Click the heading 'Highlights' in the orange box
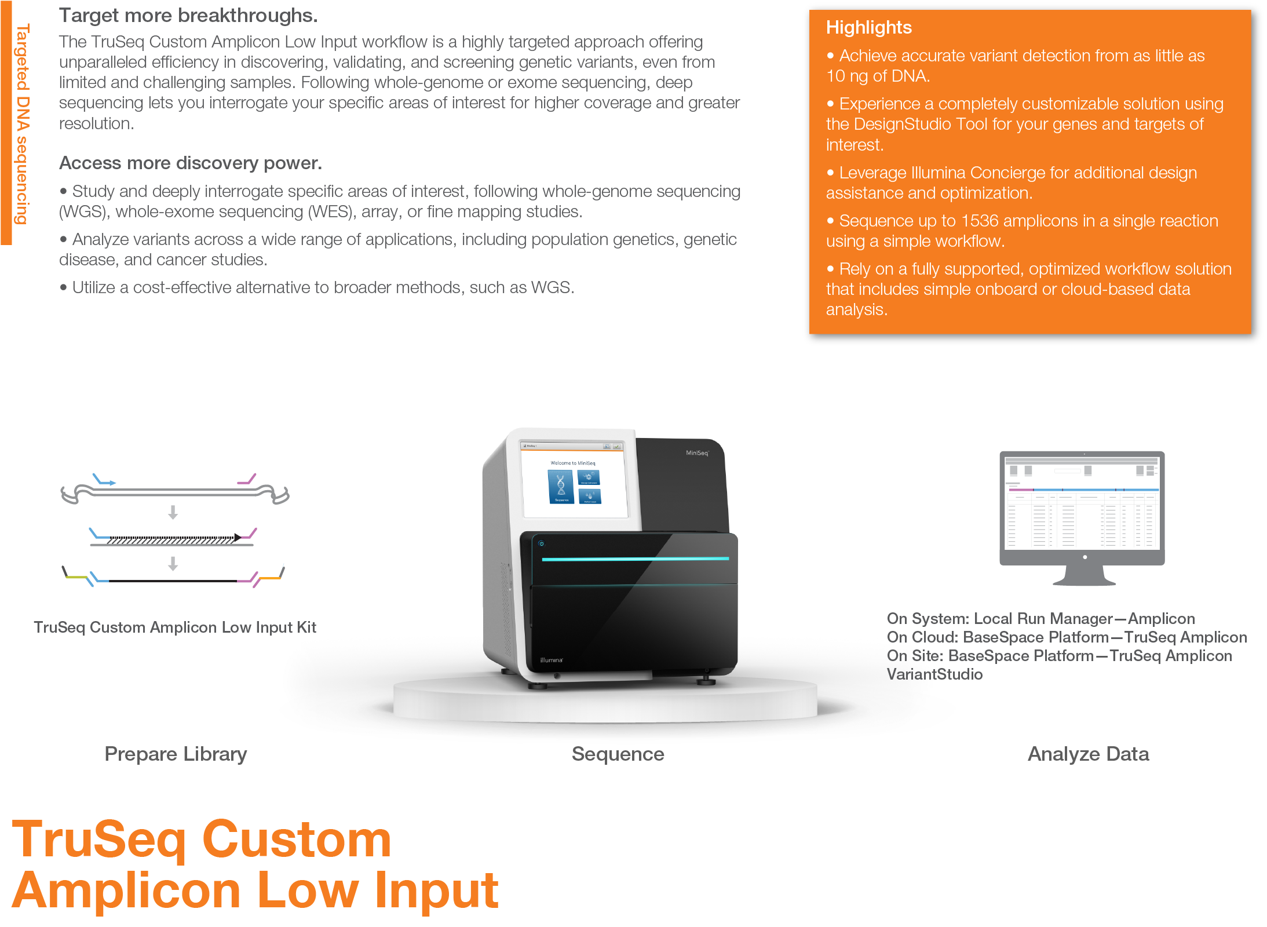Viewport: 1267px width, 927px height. (868, 28)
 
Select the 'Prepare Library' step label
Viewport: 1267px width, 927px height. (176, 754)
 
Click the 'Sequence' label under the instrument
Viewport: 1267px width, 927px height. (618, 754)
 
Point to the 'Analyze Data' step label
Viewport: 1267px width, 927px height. (1088, 754)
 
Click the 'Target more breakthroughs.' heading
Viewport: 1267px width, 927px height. (188, 16)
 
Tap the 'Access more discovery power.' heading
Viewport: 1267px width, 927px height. (191, 163)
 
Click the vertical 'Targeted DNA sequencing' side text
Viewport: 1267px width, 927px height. (22, 124)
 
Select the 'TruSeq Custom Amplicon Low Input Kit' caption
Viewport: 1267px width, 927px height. (175, 627)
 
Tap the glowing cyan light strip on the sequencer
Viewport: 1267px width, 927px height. (635, 559)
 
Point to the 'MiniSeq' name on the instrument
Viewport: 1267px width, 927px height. (697, 453)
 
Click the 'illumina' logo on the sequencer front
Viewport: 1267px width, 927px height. (551, 660)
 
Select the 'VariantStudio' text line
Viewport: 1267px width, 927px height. (934, 674)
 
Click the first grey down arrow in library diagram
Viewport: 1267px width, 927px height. (173, 512)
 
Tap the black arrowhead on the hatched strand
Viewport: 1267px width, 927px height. (238, 538)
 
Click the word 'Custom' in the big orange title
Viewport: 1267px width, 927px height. (297, 840)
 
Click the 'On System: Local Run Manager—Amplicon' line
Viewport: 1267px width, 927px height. (1041, 619)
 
